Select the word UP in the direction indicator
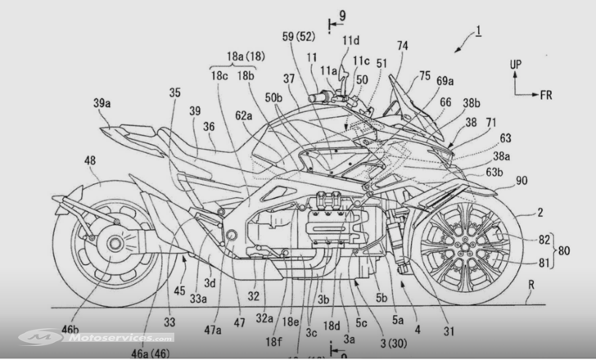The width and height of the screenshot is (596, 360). click(514, 62)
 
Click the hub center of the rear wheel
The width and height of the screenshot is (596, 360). click(111, 243)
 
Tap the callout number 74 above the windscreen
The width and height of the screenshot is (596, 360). click(401, 48)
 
